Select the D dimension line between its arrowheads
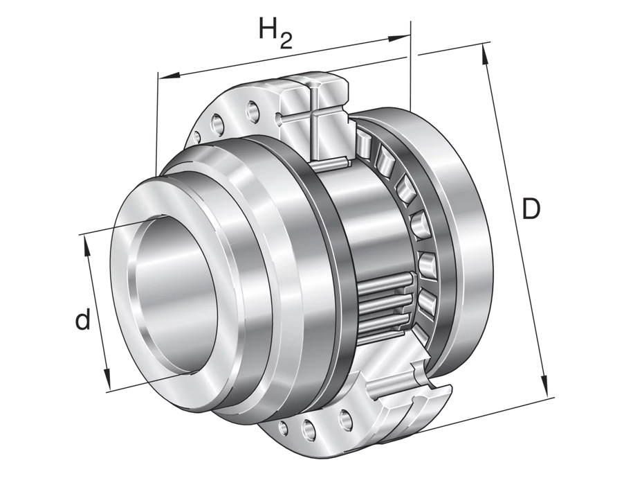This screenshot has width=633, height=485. pyautogui.click(x=515, y=222)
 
